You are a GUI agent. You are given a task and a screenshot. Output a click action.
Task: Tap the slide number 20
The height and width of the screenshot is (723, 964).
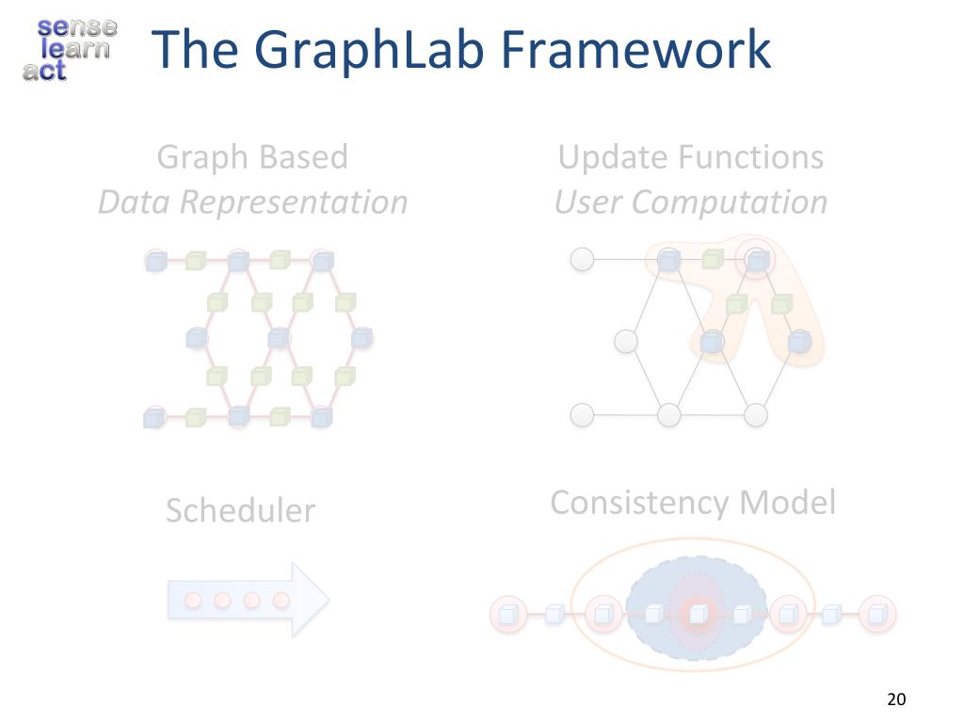(x=895, y=699)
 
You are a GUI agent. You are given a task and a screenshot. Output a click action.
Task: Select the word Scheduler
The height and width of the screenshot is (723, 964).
(x=240, y=510)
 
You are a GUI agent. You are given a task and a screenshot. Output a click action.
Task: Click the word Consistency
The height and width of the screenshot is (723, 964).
(x=640, y=503)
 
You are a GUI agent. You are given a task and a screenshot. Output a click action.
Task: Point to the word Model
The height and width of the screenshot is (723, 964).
(x=787, y=503)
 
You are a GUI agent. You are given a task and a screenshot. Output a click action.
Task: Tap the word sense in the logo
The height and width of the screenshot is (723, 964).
(x=77, y=26)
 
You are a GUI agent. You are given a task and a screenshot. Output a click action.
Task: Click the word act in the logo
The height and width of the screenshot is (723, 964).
(x=44, y=70)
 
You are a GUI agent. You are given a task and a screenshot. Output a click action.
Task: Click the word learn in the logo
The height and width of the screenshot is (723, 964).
(x=79, y=47)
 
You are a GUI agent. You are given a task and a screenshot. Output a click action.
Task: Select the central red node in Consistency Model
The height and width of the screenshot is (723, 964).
(x=697, y=614)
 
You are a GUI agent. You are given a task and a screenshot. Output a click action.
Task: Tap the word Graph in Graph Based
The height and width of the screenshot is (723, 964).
(x=198, y=156)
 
